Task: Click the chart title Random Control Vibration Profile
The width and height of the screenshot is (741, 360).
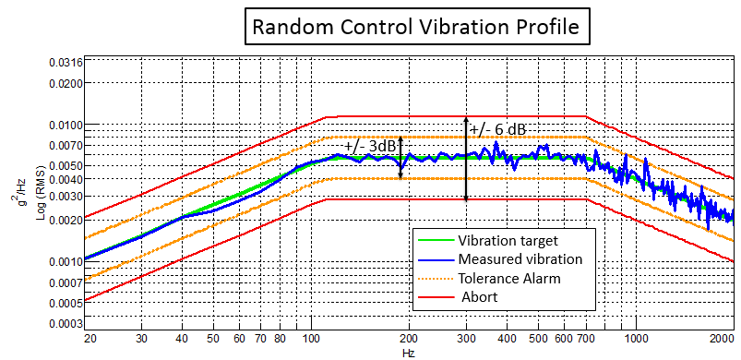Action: pos(416,28)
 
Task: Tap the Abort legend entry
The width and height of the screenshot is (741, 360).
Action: pos(481,295)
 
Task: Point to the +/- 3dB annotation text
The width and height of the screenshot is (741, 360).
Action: pos(370,147)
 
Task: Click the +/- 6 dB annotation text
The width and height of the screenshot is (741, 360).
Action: pos(497,130)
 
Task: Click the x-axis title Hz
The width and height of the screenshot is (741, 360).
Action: pos(408,352)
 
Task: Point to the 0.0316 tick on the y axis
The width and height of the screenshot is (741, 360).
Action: pos(66,62)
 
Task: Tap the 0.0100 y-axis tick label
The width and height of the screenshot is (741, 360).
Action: pos(66,125)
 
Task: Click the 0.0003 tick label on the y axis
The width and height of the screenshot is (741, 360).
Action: pos(66,324)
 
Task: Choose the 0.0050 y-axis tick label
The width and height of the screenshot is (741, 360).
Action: pos(66,165)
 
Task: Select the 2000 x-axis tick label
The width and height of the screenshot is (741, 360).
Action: pos(723,339)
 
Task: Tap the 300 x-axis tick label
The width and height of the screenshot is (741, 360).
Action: pos(467,339)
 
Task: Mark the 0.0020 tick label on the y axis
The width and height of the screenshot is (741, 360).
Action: pos(66,221)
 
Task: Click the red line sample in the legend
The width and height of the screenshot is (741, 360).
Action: pos(434,295)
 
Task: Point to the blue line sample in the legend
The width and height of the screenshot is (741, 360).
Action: pos(434,258)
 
